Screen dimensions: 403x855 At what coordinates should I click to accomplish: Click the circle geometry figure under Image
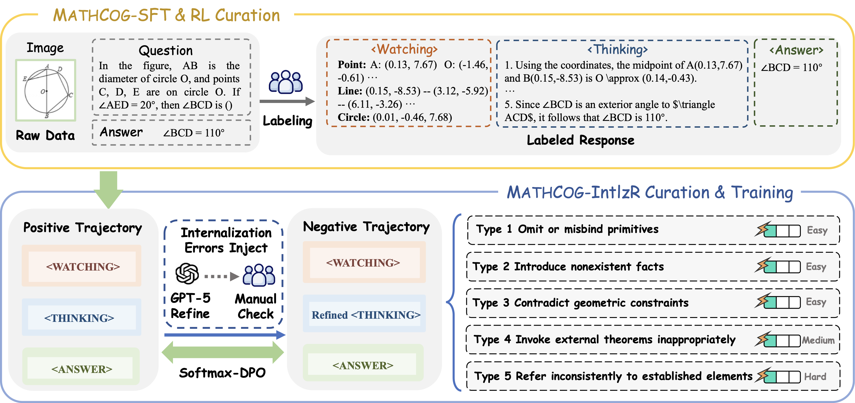pos(46,90)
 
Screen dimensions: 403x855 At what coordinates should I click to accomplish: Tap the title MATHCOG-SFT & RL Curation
pos(166,15)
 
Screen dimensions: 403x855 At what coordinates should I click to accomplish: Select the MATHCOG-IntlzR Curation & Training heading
pos(650,192)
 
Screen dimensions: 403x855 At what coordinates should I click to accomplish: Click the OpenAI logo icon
pos(187,274)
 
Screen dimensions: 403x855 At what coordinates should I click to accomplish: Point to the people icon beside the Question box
pos(286,82)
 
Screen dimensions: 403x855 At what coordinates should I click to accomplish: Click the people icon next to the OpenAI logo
pos(259,275)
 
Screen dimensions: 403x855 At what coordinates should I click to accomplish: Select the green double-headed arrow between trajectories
pos(222,352)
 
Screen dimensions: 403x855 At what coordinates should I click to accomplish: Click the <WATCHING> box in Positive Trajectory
pos(83,267)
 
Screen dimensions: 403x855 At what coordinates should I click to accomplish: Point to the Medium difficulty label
pos(818,340)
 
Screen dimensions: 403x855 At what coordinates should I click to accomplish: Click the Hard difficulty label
pos(815,376)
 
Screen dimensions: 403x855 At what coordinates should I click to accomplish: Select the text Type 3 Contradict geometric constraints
pos(581,303)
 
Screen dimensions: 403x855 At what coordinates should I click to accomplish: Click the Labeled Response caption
pos(581,140)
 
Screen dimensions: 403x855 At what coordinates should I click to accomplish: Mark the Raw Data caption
pos(45,136)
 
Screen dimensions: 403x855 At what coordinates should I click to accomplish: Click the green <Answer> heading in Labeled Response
pos(796,50)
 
